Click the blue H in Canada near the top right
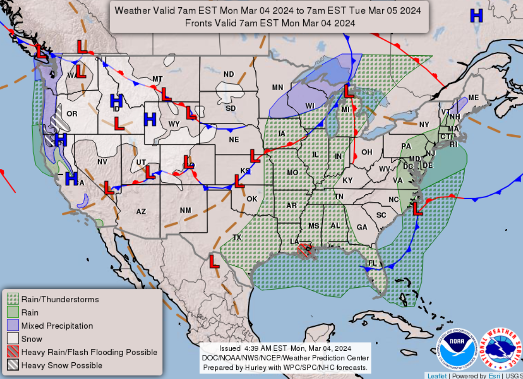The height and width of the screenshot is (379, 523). coord(476,16)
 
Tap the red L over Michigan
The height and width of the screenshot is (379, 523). coord(349,91)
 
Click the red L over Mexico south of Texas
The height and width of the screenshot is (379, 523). coord(214,261)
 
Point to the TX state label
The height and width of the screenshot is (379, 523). coord(237,237)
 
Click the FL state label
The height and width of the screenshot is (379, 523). coord(372,263)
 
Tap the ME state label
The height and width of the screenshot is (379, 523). coord(473,98)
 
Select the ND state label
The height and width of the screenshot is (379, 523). coord(229,74)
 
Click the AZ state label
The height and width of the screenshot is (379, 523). coord(141,212)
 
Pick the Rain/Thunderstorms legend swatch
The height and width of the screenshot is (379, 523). coord(13,299)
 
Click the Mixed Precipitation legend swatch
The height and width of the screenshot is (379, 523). coord(13,326)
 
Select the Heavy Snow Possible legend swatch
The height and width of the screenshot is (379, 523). coord(13,366)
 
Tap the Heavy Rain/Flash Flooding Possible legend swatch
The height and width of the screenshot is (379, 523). coord(13,352)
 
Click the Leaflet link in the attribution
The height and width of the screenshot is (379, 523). coord(436,376)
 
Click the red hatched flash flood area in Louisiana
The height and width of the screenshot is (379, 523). coord(304,250)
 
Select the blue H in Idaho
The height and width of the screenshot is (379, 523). coord(116,101)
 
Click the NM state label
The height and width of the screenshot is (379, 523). coord(185,211)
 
